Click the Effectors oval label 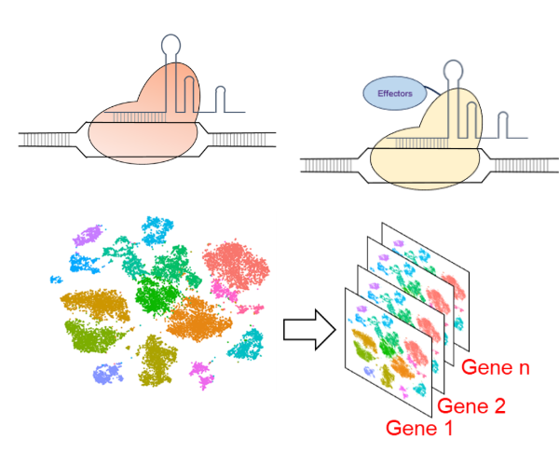coord(392,93)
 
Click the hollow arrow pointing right coord(306,329)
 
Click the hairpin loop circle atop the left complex coord(173,42)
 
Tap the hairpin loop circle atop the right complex coord(454,69)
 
